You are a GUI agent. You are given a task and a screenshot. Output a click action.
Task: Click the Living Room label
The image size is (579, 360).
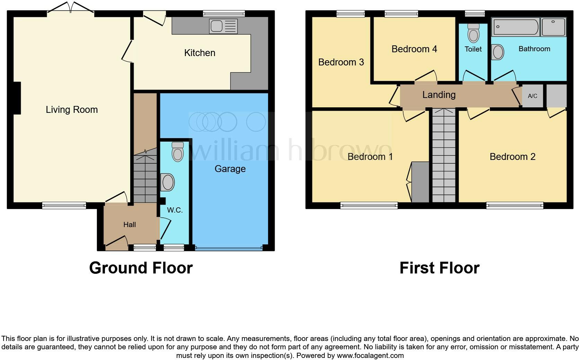click(x=72, y=110)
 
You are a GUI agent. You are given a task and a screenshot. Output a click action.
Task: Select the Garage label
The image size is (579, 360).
click(x=230, y=169)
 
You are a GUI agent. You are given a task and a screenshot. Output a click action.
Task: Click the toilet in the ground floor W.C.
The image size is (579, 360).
click(x=178, y=152)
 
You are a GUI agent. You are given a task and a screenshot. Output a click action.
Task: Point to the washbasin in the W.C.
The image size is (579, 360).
click(x=168, y=182)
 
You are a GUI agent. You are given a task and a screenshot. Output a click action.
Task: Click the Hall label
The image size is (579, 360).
click(x=130, y=225)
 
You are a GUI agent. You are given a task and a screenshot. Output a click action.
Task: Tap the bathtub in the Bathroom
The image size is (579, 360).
click(x=516, y=27)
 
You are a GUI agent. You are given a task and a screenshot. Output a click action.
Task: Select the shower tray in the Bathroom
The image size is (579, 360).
click(x=553, y=27)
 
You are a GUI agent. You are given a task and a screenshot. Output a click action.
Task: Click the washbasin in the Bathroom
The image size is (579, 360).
click(x=498, y=52)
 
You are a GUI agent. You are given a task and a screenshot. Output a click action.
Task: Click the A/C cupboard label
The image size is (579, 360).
click(x=533, y=96)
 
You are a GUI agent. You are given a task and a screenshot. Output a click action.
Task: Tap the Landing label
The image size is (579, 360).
click(x=439, y=95)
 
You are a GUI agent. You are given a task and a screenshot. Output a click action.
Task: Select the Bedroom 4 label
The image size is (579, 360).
click(x=414, y=49)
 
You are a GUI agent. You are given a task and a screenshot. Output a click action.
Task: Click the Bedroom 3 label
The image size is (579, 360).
click(x=341, y=62)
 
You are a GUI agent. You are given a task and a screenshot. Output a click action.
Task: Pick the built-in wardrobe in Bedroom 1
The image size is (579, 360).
click(x=420, y=182)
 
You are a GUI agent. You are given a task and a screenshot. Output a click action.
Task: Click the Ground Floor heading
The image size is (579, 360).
click(x=141, y=268)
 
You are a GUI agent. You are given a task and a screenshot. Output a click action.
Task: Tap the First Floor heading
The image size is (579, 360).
click(x=439, y=268)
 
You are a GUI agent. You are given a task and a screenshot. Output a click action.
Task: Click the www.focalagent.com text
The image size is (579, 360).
click(x=370, y=355)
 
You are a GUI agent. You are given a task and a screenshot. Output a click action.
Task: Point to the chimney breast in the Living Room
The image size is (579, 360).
click(x=17, y=98)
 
